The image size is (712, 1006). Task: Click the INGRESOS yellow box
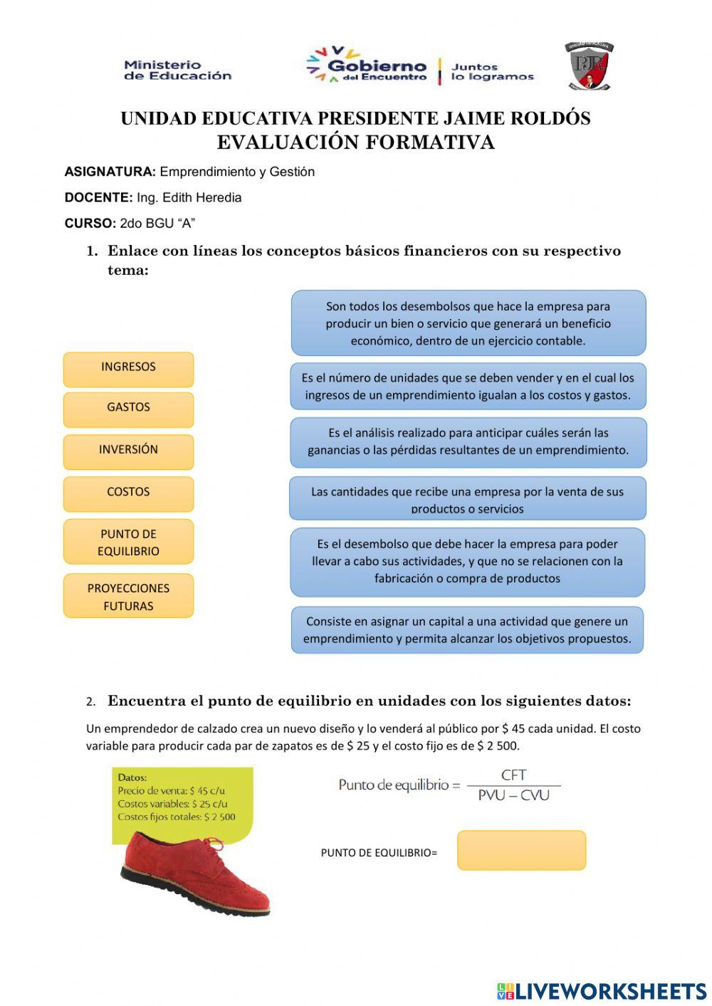pyautogui.click(x=128, y=369)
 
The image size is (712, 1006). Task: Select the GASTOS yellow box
pyautogui.click(x=128, y=409)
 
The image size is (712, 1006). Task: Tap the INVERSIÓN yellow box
pyautogui.click(x=128, y=451)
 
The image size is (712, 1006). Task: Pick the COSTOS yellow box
pyautogui.click(x=128, y=493)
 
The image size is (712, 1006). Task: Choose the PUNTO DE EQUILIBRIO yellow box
pyautogui.click(x=128, y=542)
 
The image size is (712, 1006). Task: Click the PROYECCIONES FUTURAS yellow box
pyautogui.click(x=128, y=596)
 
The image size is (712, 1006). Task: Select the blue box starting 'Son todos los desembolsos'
pyautogui.click(x=468, y=323)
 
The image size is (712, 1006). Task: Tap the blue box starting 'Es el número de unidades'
pyautogui.click(x=468, y=387)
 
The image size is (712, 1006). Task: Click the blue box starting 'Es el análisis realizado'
pyautogui.click(x=468, y=441)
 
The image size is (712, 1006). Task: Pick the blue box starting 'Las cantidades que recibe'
pyautogui.click(x=468, y=498)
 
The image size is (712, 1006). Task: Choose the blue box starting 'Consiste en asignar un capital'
pyautogui.click(x=468, y=630)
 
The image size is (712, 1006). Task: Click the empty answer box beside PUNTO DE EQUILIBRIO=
pyautogui.click(x=521, y=850)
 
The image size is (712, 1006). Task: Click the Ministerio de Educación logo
pyautogui.click(x=177, y=70)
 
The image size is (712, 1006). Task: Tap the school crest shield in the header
pyautogui.click(x=589, y=66)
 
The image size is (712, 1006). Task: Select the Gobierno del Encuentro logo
pyautogui.click(x=368, y=66)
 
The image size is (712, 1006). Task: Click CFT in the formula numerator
pyautogui.click(x=513, y=775)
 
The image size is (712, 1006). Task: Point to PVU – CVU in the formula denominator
pyautogui.click(x=513, y=795)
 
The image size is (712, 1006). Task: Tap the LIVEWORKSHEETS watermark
pyautogui.click(x=602, y=991)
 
